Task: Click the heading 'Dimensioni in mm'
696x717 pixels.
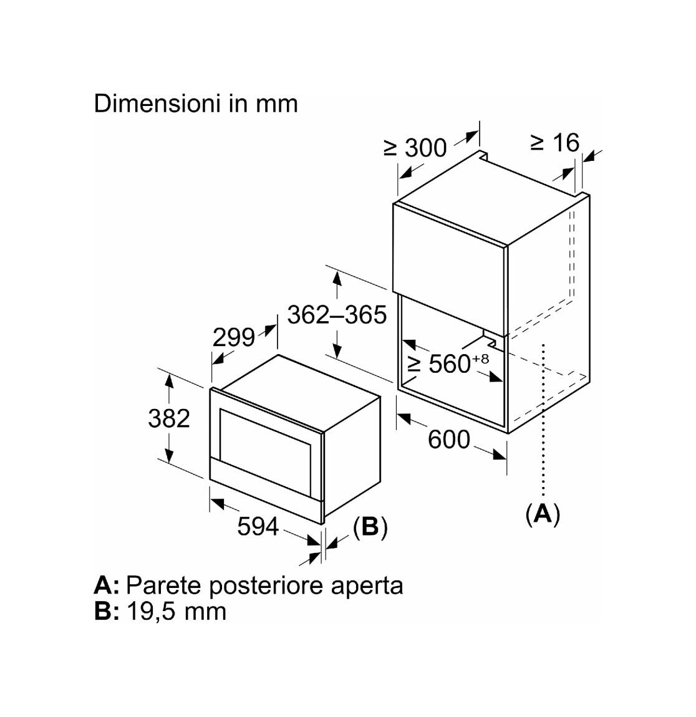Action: pyautogui.click(x=196, y=103)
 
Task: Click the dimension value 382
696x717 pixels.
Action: pyautogui.click(x=169, y=418)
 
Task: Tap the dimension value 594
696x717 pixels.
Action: pyautogui.click(x=258, y=526)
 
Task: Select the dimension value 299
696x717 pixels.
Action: pyautogui.click(x=234, y=338)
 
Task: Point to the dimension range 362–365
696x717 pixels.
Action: pyautogui.click(x=337, y=315)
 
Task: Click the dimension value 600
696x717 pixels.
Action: pyautogui.click(x=449, y=440)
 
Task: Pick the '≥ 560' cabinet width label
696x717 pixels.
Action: pyautogui.click(x=439, y=364)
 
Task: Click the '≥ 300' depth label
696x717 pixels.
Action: pyautogui.click(x=415, y=148)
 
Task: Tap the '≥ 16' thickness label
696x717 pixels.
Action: pyautogui.click(x=554, y=143)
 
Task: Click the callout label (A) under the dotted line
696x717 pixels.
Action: pyautogui.click(x=543, y=514)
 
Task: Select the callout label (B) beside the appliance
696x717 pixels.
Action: pyautogui.click(x=370, y=527)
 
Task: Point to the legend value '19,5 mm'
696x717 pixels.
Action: pyautogui.click(x=176, y=612)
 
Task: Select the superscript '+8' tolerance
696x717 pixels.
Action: pyautogui.click(x=481, y=358)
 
